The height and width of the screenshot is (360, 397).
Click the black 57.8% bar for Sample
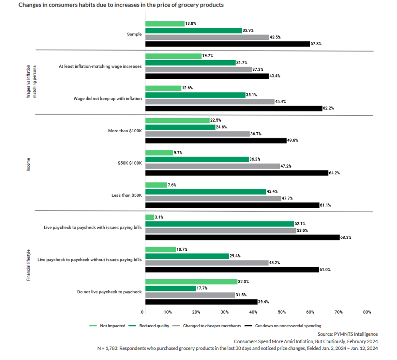227,44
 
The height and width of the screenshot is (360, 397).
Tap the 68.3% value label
347,237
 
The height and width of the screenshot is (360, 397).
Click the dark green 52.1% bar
220,224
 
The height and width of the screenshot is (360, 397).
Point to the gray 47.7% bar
213,198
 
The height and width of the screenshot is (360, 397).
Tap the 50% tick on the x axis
281,312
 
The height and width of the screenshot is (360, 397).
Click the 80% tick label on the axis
366,312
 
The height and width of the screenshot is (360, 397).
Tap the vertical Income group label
29,163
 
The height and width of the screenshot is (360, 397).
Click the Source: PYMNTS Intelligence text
347,334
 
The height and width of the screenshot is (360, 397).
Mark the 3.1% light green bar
150,217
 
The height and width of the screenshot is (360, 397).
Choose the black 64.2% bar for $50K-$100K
236,173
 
